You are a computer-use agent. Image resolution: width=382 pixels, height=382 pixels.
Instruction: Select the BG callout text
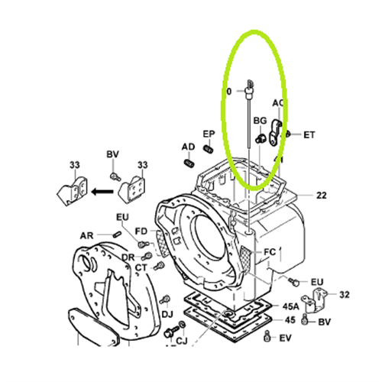click(259, 121)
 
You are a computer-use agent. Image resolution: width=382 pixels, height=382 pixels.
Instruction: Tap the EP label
click(208, 134)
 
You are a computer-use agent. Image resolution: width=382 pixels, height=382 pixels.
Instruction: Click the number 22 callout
click(322, 196)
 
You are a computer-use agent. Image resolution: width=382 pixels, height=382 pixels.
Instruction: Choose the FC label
click(269, 251)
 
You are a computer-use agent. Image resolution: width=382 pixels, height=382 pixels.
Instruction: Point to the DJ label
click(167, 314)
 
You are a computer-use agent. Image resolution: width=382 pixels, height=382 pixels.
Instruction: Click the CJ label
click(182, 341)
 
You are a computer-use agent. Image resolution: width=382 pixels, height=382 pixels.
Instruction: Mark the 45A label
click(290, 306)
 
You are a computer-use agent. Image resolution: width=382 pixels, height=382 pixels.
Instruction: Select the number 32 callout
click(345, 294)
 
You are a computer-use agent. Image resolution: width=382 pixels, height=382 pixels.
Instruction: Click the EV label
click(286, 337)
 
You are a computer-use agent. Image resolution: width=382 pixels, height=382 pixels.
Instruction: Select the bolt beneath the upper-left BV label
click(115, 175)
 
